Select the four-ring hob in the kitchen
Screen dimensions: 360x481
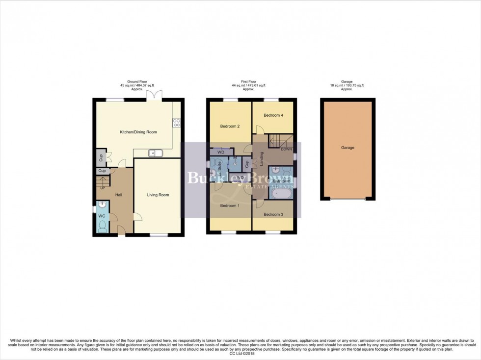click(176, 123)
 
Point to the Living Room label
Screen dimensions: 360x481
click(158, 195)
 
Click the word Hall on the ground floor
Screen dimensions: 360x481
click(118, 195)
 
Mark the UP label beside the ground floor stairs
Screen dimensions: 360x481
click(103, 187)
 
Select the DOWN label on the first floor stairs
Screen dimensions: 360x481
click(287, 149)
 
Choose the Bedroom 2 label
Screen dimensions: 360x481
click(229, 126)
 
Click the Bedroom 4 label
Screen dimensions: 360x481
click(273, 115)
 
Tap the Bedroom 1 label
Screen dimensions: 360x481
click(229, 205)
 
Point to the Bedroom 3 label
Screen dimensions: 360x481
click(273, 214)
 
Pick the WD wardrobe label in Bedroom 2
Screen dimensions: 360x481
click(221, 152)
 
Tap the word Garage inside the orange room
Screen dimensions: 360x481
click(348, 147)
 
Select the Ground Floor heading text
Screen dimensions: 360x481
click(137, 82)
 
